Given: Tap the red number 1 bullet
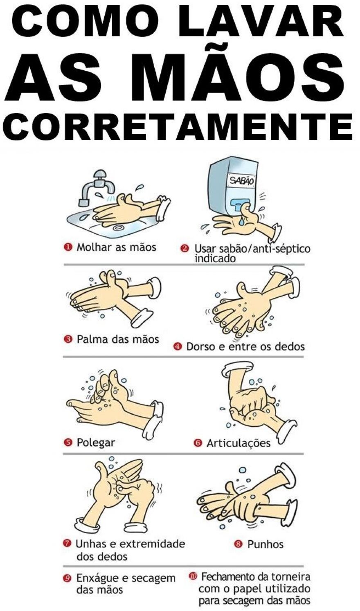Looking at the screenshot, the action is coord(67,247).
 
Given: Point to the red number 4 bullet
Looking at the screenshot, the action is coord(178,347).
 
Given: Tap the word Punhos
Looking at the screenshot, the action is coord(265,544).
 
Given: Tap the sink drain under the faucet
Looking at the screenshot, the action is coord(118,227).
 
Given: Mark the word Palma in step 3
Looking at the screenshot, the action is coord(92,339).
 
